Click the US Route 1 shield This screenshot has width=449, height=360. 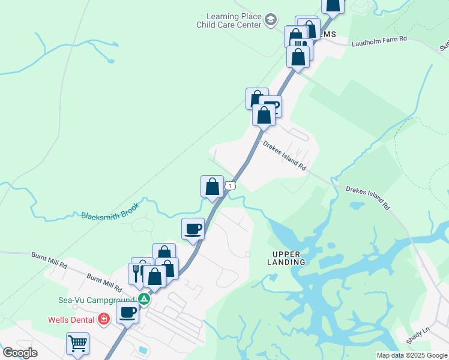231,186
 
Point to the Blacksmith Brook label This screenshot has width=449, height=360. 110,211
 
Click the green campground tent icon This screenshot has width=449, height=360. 143,298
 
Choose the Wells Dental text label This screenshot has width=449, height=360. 72,319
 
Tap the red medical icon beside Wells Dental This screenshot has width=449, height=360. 104,318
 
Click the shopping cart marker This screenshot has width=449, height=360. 77,344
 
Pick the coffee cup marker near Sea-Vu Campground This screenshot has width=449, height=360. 127,312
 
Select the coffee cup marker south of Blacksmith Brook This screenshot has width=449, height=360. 193,229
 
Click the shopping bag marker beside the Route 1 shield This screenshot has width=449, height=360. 212,186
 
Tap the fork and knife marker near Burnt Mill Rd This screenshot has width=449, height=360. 137,273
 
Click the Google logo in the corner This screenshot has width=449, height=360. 20,353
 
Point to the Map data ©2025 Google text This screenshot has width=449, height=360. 411,355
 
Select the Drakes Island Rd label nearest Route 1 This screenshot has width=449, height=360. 285,156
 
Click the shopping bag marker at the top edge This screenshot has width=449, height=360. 333,4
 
